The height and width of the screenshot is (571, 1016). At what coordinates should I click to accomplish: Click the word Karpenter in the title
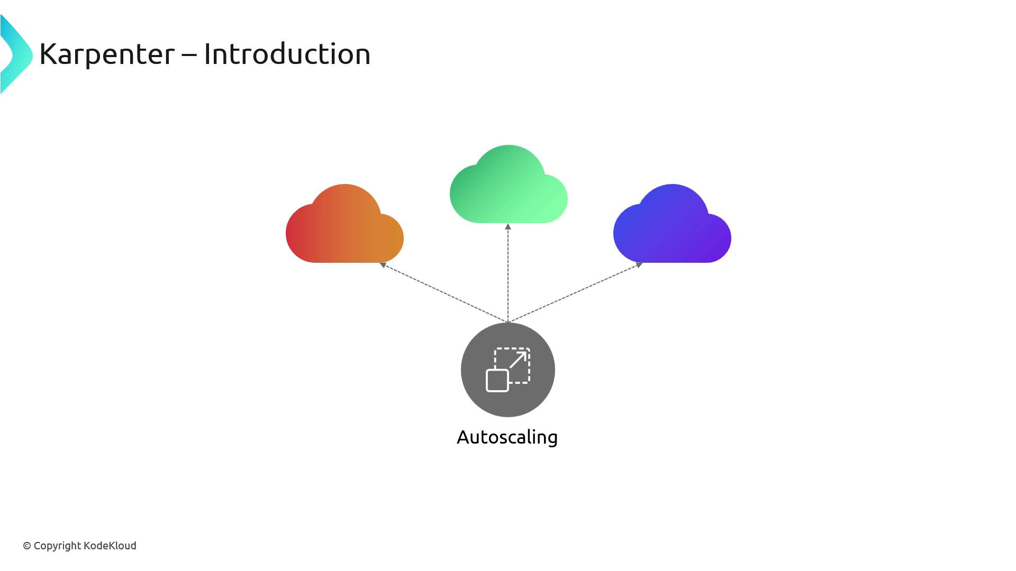click(x=106, y=54)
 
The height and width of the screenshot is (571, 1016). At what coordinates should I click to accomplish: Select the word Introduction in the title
click(x=287, y=54)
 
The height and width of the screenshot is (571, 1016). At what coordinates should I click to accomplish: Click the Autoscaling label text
click(x=507, y=437)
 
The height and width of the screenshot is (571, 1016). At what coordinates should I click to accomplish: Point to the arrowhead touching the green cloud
click(x=508, y=227)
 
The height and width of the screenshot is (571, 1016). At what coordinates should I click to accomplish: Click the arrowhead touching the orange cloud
click(x=383, y=265)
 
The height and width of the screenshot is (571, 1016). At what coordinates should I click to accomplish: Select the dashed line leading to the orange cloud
click(x=444, y=293)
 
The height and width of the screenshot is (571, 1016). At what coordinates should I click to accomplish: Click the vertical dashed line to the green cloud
click(x=508, y=275)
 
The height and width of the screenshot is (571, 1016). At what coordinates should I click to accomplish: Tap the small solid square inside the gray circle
click(x=497, y=381)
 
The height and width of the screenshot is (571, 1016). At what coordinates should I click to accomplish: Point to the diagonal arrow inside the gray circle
click(x=519, y=360)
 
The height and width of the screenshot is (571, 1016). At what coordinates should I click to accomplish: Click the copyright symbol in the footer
click(x=27, y=546)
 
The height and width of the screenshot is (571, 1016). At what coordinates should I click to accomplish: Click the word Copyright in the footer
click(x=57, y=546)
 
